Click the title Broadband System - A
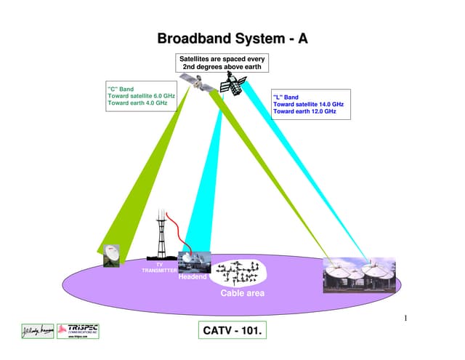232,37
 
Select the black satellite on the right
234,87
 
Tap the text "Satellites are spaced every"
221,57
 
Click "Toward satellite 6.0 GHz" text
142,96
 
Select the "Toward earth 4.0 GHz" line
137,103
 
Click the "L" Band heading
286,97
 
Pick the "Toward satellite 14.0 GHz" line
308,104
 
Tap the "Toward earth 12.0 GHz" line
304,111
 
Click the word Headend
193,276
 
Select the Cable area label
243,294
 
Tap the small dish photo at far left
111,255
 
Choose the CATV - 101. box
232,332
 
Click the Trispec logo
78,331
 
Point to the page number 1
405,318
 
